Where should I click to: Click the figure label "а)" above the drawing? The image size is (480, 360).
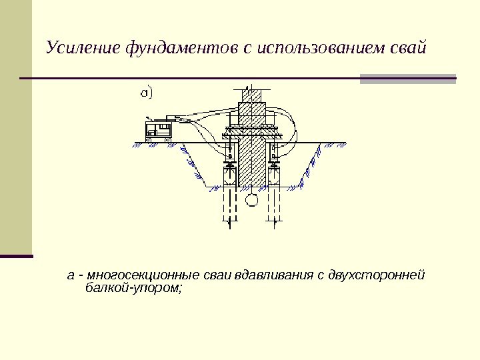(x=146, y=92)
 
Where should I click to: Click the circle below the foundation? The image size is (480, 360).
(x=251, y=199)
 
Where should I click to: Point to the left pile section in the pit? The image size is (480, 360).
(x=229, y=177)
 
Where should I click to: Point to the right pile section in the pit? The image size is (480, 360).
(x=274, y=177)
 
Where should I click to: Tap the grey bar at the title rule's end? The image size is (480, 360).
(x=408, y=79)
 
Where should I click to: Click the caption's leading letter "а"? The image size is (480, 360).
(x=70, y=276)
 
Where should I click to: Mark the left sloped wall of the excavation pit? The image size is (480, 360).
(x=191, y=167)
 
